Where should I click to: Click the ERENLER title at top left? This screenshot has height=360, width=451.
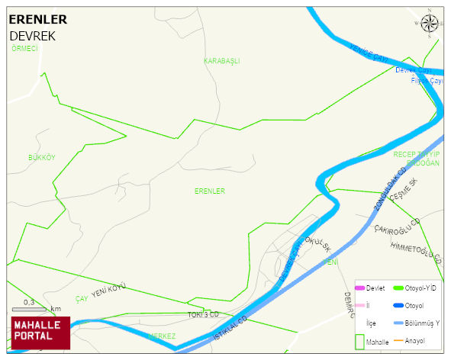click(x=37, y=19)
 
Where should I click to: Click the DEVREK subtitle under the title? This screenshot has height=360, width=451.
click(x=32, y=36)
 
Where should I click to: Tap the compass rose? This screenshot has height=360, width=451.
click(x=430, y=24)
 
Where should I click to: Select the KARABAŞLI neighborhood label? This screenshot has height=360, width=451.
click(x=221, y=60)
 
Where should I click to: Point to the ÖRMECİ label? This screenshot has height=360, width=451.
click(x=24, y=48)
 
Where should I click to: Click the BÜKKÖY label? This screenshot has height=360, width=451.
click(x=42, y=157)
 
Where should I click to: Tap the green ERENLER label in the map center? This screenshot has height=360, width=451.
click(x=209, y=191)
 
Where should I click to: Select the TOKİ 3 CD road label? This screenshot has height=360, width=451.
click(x=203, y=314)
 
